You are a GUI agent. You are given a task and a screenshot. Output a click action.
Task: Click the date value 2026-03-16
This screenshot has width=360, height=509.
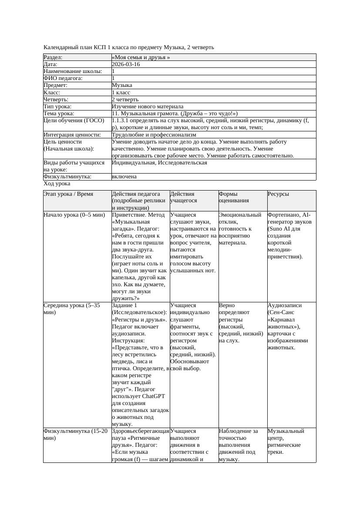tap(126, 64)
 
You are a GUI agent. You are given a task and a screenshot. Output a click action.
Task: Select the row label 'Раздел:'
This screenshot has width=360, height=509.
tap(53, 57)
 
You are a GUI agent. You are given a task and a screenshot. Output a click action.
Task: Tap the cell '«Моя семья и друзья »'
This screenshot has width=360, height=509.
tap(141, 57)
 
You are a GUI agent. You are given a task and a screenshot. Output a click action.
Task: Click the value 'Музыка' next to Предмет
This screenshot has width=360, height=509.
tap(122, 85)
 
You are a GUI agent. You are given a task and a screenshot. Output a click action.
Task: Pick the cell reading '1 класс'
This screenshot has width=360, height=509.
tap(121, 92)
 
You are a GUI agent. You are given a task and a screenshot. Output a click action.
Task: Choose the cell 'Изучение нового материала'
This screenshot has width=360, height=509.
tap(148, 106)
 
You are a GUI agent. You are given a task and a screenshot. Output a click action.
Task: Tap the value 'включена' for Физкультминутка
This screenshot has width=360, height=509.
tap(124, 177)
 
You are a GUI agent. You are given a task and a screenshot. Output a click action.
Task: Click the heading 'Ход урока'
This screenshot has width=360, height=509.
tap(57, 184)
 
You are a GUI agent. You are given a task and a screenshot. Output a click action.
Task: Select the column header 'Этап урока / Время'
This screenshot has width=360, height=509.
tap(69, 194)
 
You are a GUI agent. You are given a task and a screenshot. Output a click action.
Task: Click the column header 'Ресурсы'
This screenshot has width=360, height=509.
tap(278, 194)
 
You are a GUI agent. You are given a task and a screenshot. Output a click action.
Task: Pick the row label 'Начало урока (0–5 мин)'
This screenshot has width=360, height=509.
tap(74, 214)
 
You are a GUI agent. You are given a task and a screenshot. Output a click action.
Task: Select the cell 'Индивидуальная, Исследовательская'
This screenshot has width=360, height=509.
tap(159, 163)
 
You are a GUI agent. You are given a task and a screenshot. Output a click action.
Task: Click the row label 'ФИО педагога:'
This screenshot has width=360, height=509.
tap(63, 78)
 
